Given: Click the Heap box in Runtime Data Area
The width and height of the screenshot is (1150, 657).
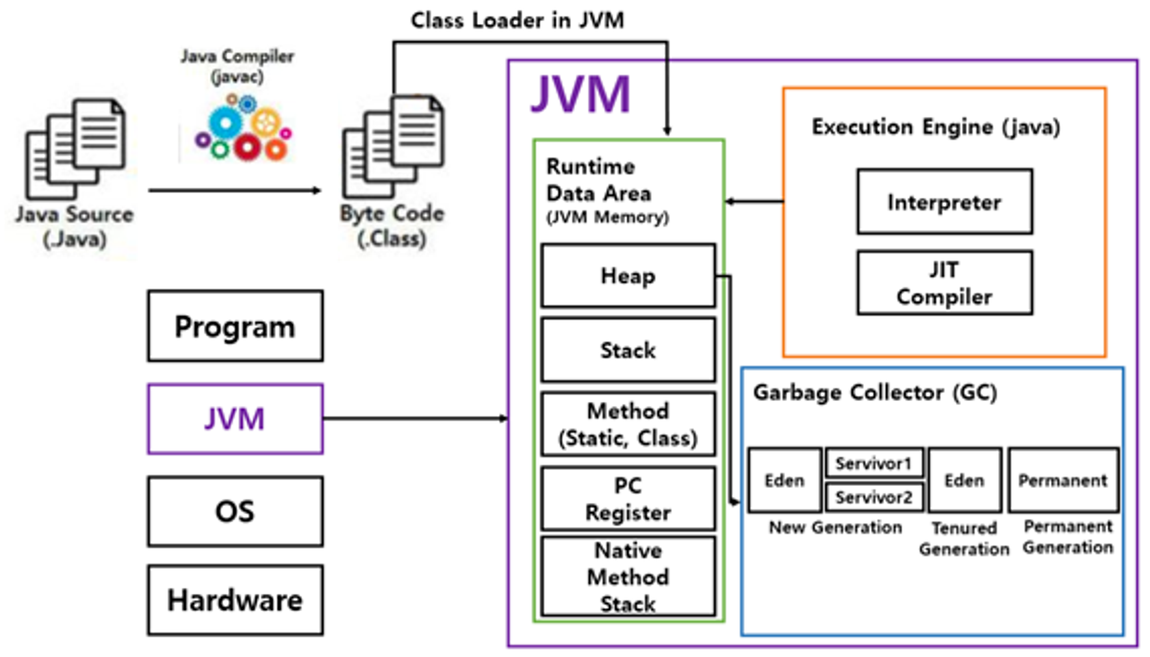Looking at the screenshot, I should (628, 276).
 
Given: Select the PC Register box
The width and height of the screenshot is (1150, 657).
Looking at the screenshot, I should (628, 499).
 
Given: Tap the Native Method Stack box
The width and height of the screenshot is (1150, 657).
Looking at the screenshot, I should (628, 577).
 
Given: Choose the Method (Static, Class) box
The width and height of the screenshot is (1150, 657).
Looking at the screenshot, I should (628, 424).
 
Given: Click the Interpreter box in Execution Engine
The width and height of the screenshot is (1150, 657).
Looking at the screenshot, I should (944, 202).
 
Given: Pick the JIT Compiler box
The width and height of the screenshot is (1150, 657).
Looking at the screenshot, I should (944, 283).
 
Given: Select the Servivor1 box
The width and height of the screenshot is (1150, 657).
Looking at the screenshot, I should (874, 463).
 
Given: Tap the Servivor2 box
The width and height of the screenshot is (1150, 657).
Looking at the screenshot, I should (874, 497).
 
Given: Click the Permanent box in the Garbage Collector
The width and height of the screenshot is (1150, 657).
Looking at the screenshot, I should (1063, 480).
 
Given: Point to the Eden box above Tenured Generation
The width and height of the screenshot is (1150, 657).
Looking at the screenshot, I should (964, 480).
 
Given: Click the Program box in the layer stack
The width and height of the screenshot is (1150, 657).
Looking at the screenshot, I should (235, 326).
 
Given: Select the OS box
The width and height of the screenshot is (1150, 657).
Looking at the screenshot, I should (235, 511).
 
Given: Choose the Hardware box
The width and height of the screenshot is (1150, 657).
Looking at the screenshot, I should (235, 600).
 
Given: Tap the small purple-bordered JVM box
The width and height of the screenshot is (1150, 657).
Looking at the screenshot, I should (235, 419).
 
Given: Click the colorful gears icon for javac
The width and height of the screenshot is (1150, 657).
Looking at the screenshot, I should (244, 128).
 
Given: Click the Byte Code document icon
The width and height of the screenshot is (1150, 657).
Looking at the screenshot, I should (393, 145).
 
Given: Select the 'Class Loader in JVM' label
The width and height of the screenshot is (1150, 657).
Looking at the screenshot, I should (517, 21).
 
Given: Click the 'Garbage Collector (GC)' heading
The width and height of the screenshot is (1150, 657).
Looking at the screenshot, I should (875, 393).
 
